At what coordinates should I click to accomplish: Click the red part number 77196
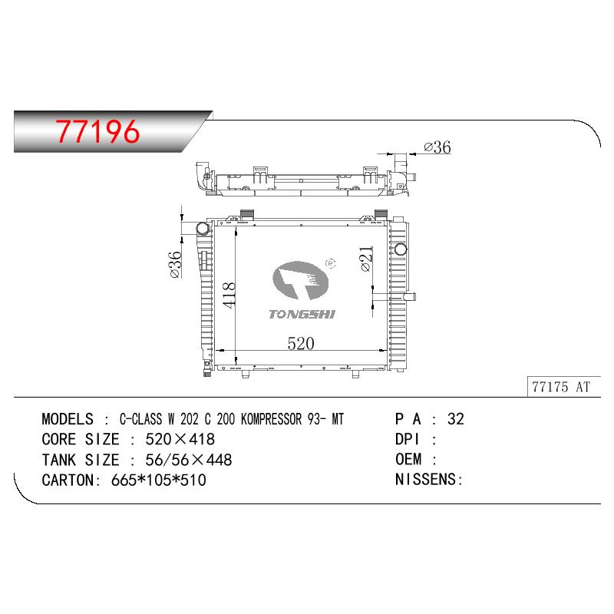pos(97,131)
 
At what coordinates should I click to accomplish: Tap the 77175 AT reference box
pos(563,387)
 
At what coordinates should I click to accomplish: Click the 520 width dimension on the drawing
pos(301,343)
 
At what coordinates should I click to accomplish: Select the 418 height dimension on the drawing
pos(229,295)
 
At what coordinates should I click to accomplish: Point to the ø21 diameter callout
pos(366,259)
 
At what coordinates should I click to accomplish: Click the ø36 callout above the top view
pos(437,147)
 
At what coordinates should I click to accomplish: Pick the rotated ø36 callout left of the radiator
pos(175,265)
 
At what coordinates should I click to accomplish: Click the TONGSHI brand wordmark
pos(302,314)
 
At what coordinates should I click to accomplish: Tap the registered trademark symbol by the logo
pos(331,263)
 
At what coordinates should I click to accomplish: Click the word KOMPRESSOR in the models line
pos(272,419)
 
